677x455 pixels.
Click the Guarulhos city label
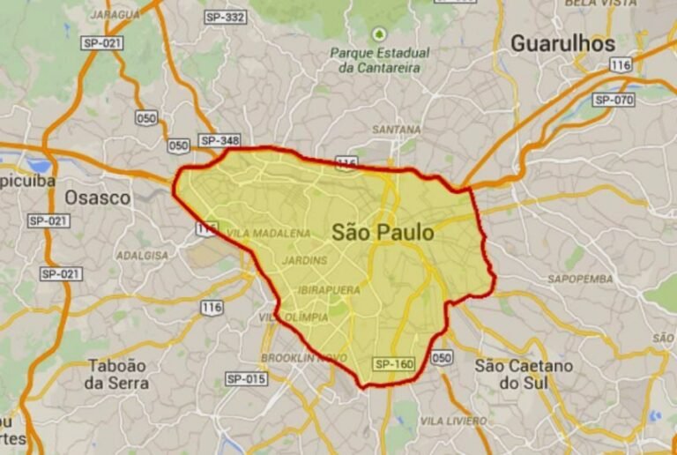click(x=562, y=42)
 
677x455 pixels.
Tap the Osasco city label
click(x=97, y=198)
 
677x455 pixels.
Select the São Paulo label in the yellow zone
click(x=383, y=233)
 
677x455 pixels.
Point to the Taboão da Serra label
click(x=117, y=374)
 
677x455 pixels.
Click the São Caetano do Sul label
click(x=524, y=374)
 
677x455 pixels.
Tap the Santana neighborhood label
click(x=396, y=130)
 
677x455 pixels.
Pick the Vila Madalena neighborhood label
click(x=269, y=234)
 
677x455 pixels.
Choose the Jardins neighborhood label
click(x=305, y=260)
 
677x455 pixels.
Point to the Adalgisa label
click(x=142, y=255)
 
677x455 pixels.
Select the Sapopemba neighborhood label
click(x=580, y=279)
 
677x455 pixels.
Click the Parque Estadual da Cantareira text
click(x=379, y=59)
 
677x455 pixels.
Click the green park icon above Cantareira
click(x=379, y=34)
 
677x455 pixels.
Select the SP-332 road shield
click(x=225, y=18)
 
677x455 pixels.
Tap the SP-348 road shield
click(x=219, y=141)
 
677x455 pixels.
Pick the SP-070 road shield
click(x=614, y=100)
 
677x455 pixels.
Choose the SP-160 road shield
click(x=393, y=363)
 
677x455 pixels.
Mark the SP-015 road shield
click(x=246, y=379)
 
